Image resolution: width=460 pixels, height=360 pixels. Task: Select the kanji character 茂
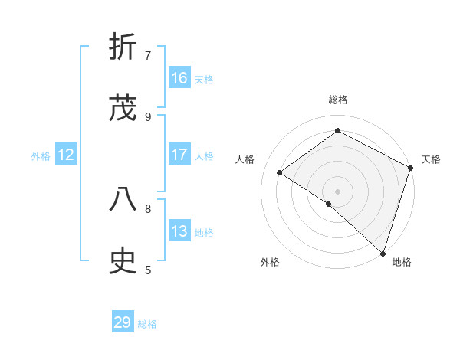point(123,108)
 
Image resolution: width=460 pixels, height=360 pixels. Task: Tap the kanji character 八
point(123,200)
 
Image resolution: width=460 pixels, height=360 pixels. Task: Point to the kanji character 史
point(123,261)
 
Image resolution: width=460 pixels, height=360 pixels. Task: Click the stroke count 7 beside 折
point(148,55)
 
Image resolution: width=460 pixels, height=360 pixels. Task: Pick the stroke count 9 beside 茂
point(148,116)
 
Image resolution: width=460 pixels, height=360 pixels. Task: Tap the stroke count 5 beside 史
point(148,270)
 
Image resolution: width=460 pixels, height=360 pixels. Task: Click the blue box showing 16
point(179,78)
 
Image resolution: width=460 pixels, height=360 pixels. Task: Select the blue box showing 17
point(179,155)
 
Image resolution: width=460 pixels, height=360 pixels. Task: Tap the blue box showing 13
point(179,231)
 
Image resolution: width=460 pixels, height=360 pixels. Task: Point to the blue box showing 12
point(66,155)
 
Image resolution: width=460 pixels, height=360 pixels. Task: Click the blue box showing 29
point(123,322)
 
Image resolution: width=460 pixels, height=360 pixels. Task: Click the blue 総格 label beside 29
point(147,324)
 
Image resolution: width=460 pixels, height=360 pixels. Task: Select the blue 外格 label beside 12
point(41,156)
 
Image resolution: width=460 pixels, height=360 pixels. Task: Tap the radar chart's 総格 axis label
point(338,100)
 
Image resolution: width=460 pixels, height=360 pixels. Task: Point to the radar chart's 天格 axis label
point(431,159)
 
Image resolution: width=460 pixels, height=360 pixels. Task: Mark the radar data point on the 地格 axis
point(383,253)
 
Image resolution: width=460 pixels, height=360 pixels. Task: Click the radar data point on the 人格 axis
point(280,172)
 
